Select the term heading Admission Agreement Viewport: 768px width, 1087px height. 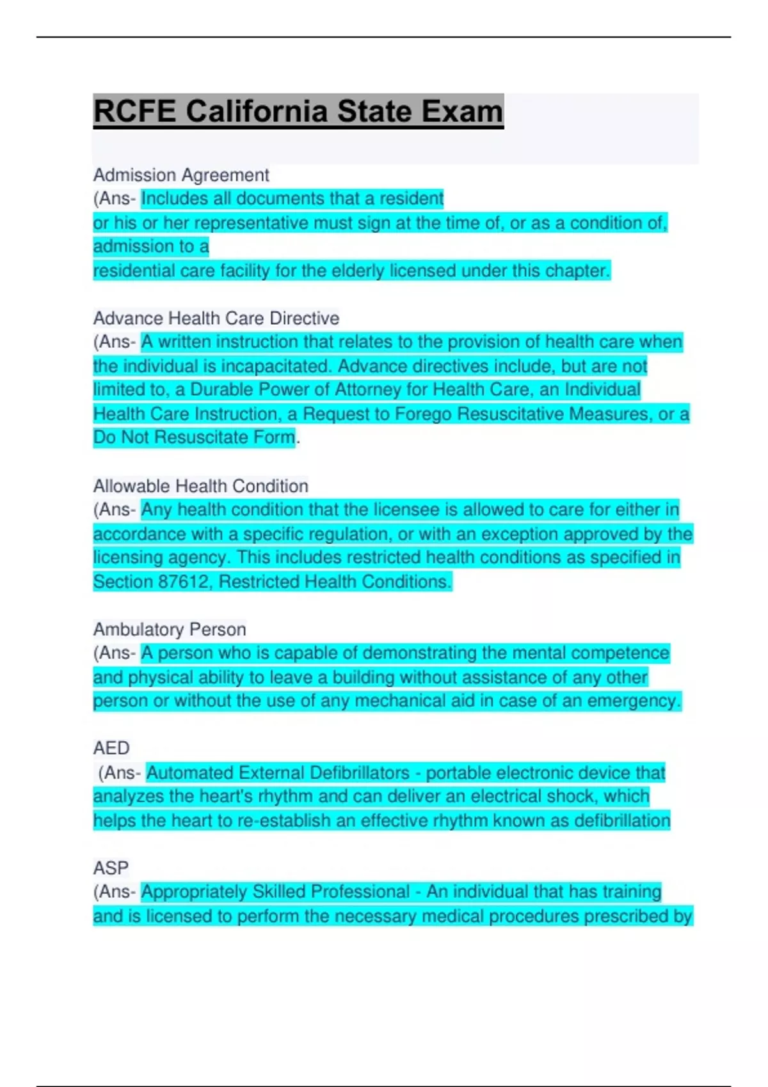[x=181, y=175]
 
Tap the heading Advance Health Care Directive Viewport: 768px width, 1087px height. [x=216, y=318]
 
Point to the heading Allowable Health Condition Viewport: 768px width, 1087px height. [x=200, y=486]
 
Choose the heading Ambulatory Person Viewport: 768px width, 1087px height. [x=170, y=629]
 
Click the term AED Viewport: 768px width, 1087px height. [x=111, y=747]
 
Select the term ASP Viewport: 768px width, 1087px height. [x=111, y=868]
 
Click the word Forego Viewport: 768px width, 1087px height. [x=424, y=414]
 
